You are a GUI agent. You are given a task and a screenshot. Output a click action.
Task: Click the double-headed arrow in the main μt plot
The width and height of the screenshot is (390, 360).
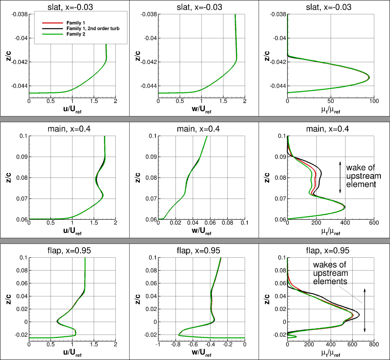pos(340,177)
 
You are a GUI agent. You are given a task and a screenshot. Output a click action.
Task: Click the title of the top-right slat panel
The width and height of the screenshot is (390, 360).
pos(324,7)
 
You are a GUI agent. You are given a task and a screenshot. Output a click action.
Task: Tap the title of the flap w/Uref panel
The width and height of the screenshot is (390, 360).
pos(195,251)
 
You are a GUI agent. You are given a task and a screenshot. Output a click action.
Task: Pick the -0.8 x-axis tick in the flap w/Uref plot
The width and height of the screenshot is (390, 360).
pos(175,344)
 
